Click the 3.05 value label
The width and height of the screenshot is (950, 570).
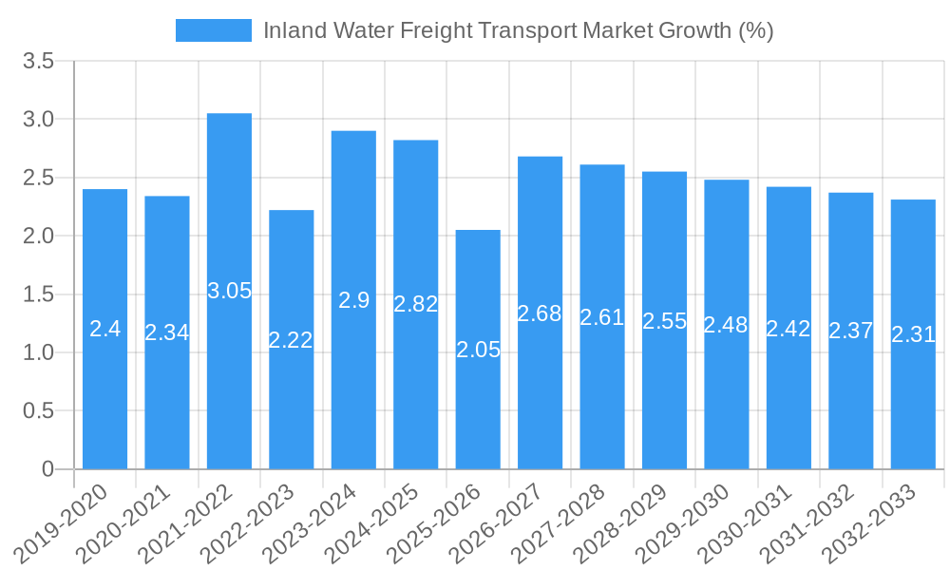[229, 291]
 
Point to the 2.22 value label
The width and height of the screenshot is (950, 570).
[291, 340]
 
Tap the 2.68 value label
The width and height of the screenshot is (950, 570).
[540, 313]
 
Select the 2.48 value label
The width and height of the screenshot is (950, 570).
[726, 325]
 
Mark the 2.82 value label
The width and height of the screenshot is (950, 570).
[415, 304]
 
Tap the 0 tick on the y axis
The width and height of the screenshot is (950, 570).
[48, 469]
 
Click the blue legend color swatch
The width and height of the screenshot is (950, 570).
[214, 30]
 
